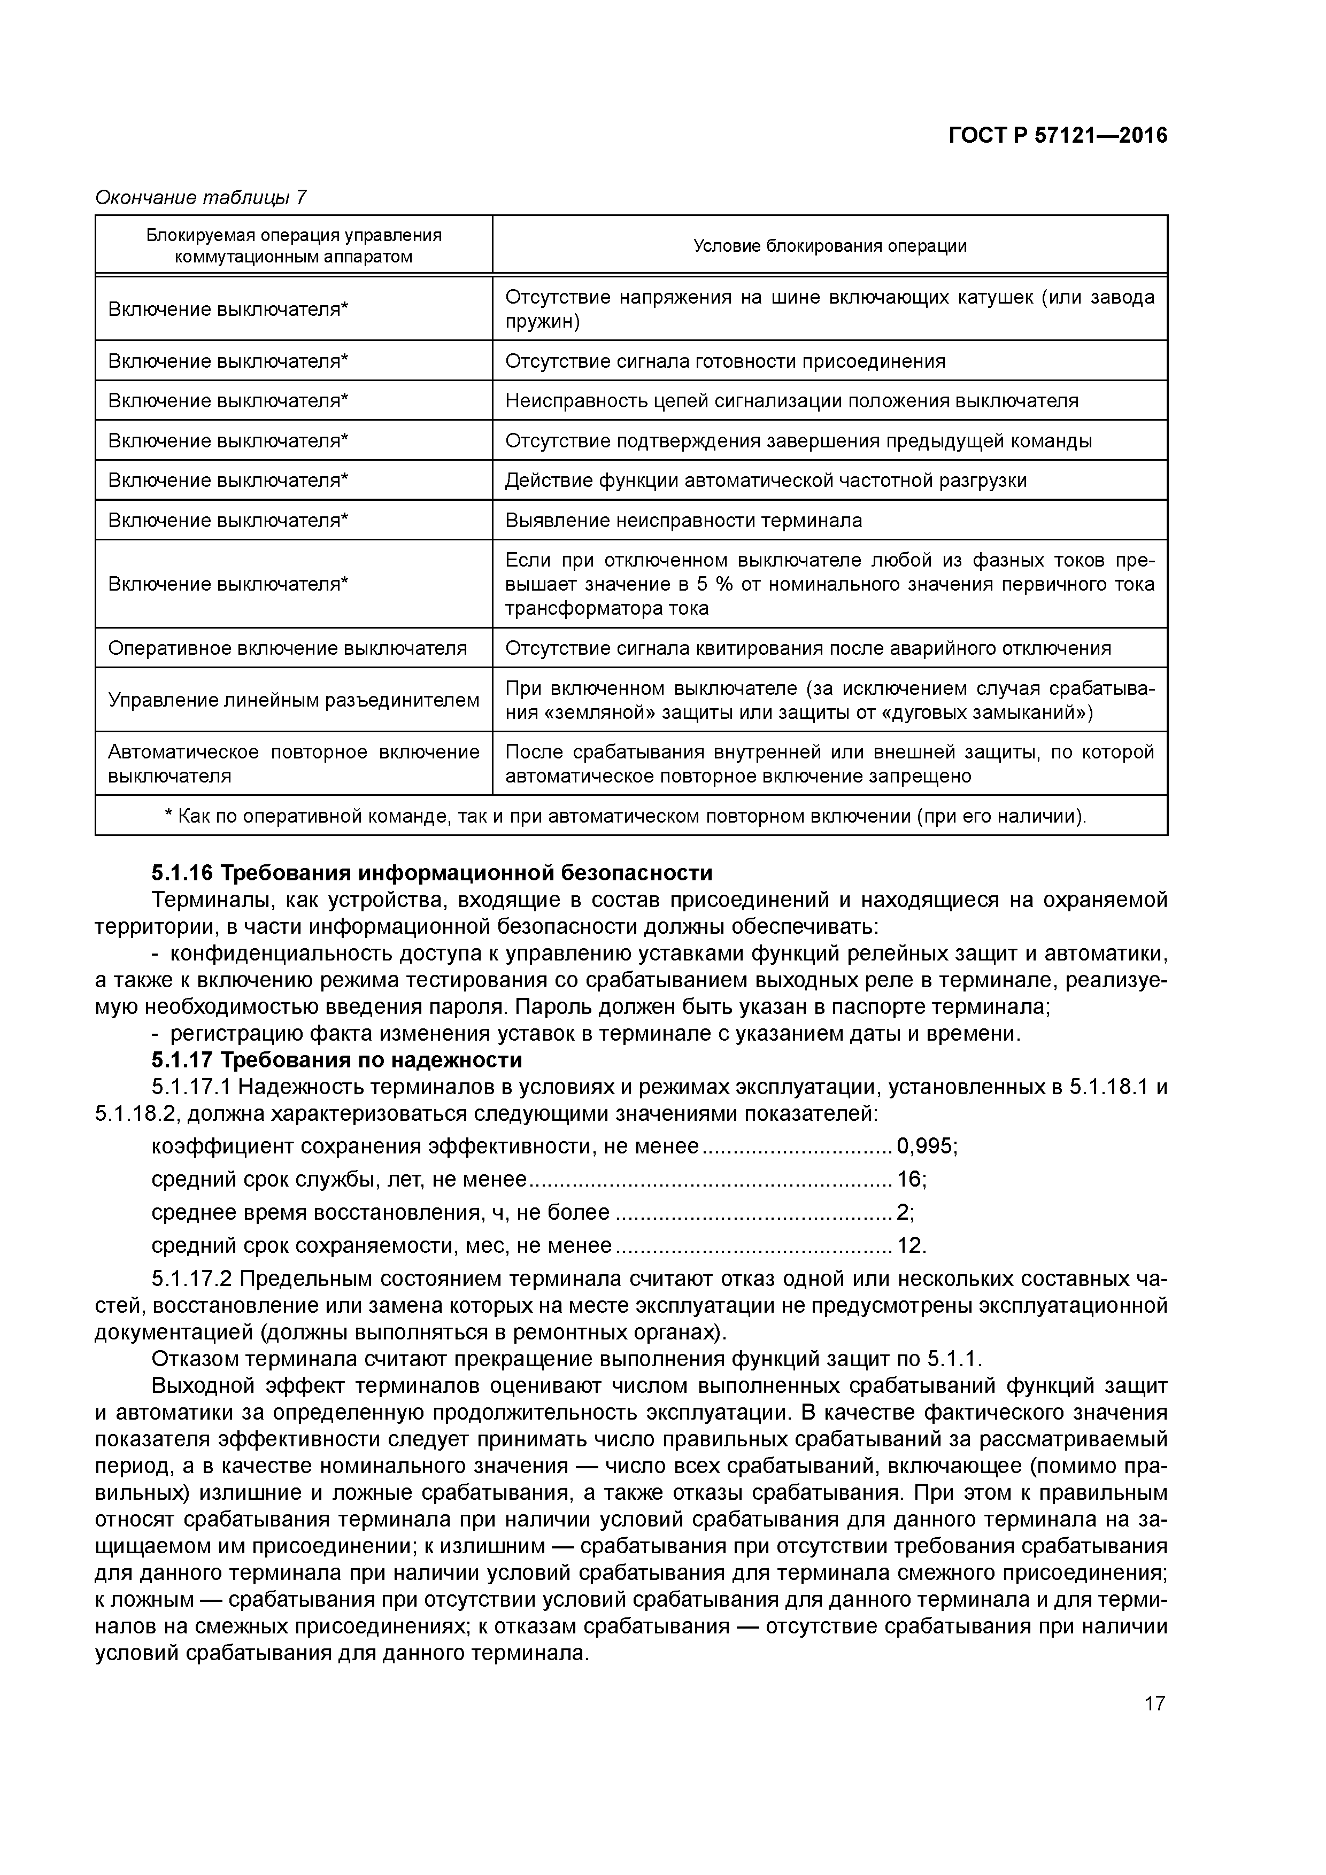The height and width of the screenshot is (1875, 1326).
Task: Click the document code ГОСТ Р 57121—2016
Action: tap(1058, 136)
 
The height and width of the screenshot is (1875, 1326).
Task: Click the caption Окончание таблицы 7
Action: tap(201, 198)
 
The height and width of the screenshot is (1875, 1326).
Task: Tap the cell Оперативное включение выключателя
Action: tap(288, 648)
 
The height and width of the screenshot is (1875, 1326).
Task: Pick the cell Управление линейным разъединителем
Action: tap(294, 700)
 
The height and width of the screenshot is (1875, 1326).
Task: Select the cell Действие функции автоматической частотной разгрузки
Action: tap(766, 480)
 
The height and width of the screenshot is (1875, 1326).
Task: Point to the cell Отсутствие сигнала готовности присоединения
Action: tap(724, 361)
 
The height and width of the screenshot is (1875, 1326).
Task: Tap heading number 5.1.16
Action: tap(181, 873)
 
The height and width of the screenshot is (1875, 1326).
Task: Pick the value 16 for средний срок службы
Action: tap(908, 1179)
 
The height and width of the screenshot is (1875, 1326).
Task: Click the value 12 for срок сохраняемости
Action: tap(908, 1245)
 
